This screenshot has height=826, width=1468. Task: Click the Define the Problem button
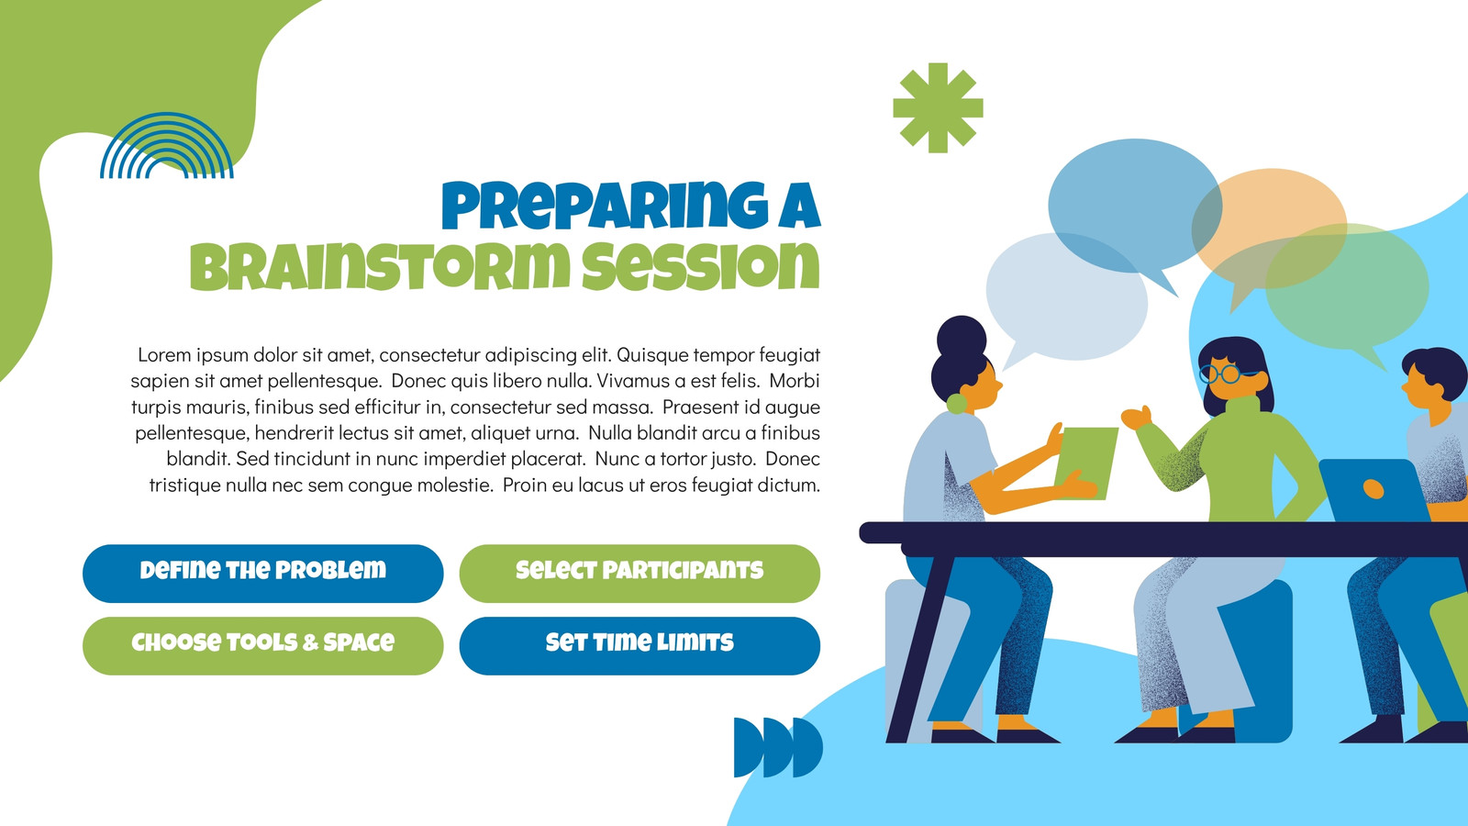(x=262, y=574)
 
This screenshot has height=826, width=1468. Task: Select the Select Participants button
(x=639, y=574)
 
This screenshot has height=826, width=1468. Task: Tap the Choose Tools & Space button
(x=262, y=646)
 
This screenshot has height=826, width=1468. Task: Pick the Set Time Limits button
(x=639, y=646)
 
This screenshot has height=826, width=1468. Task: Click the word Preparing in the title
(x=605, y=206)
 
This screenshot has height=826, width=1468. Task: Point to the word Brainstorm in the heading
(x=380, y=267)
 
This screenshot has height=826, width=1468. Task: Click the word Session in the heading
(x=701, y=267)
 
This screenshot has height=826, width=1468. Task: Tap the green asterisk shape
(x=938, y=108)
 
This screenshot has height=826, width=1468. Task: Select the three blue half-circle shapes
(x=778, y=747)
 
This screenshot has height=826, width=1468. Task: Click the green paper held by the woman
(x=1086, y=463)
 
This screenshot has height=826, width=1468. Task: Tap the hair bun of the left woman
(x=962, y=337)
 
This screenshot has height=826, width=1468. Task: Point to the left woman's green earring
(x=956, y=403)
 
